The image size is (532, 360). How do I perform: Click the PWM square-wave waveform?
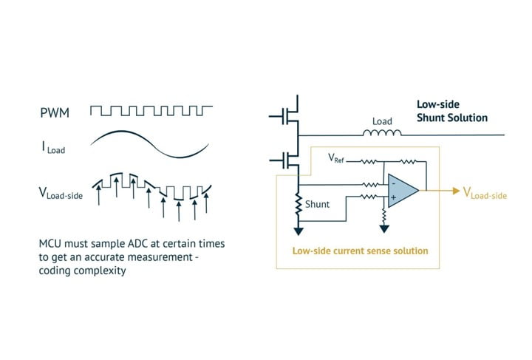coord(151,111)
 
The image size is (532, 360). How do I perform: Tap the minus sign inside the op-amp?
coord(394,183)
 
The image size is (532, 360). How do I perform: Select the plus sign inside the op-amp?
coord(394,199)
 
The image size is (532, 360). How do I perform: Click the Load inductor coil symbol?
coord(381,133)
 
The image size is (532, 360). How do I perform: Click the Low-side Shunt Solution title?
coord(451,111)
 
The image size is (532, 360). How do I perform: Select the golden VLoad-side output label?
coord(485,194)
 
